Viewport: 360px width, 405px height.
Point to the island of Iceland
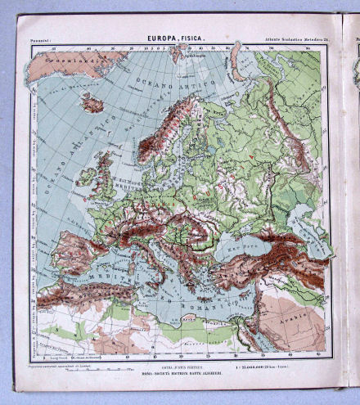pyautogui.click(x=92, y=104)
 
